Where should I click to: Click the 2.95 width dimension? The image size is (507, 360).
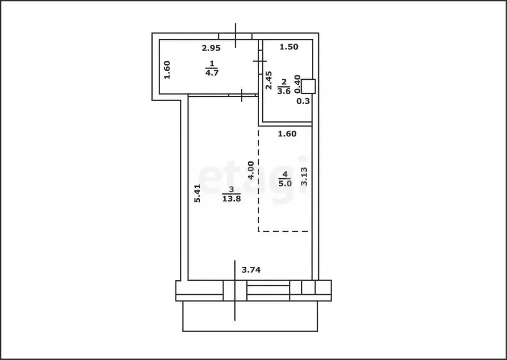tap(211, 48)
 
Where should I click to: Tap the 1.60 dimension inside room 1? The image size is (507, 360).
tap(167, 69)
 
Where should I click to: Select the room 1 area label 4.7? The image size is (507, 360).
tap(212, 68)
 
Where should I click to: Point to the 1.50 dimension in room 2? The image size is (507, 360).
tap(289, 47)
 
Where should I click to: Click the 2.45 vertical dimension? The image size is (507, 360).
tap(269, 80)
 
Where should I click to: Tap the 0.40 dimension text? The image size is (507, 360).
tap(297, 84)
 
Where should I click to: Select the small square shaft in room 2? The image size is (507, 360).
tap(309, 86)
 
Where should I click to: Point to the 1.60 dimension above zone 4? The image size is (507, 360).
tap(287, 133)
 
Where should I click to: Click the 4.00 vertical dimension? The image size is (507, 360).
tap(251, 170)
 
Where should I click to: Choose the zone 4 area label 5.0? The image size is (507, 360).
tap(285, 179)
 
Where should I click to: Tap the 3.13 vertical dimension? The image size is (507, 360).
tap(305, 176)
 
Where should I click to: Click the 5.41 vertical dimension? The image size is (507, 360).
tap(197, 193)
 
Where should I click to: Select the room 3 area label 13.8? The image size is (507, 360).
tap(231, 193)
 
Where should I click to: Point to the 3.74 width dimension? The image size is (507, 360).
tap(251, 270)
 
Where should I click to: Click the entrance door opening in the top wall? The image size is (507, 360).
tap(235, 36)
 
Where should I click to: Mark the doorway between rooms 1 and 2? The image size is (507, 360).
tap(260, 60)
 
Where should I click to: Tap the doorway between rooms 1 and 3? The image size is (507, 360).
tap(241, 95)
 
